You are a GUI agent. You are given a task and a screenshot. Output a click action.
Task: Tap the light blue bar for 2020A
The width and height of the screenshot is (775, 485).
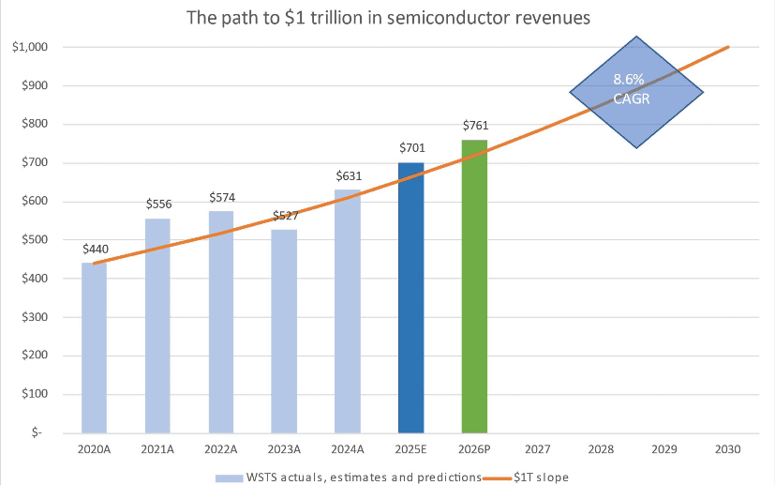[x=94, y=347]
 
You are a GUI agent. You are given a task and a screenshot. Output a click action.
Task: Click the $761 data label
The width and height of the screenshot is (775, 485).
[x=475, y=126]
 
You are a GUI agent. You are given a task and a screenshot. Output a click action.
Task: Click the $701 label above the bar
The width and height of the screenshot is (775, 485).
[x=411, y=148]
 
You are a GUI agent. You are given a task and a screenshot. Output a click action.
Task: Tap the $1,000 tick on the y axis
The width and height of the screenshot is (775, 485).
[x=31, y=47]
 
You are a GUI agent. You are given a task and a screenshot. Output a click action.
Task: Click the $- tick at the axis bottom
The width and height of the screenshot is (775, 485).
[x=42, y=432]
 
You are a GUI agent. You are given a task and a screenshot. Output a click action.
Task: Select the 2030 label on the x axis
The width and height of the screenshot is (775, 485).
[x=727, y=449]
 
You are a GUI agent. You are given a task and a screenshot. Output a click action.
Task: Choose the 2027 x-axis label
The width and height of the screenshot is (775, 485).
[x=538, y=449]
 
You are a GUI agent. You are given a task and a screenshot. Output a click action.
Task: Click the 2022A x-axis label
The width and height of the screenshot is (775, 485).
[x=220, y=449]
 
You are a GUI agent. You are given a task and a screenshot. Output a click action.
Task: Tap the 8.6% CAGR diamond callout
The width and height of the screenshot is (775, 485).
[x=636, y=92]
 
